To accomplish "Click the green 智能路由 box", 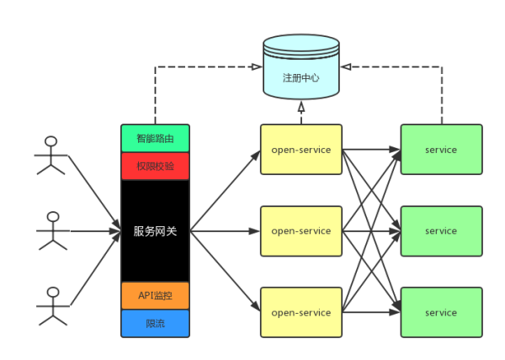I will (155, 138).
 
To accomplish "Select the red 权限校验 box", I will (155, 166).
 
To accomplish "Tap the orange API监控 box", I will (155, 295).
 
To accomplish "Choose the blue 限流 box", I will (155, 323).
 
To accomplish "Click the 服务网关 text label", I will (155, 230).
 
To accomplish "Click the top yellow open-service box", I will (300, 150).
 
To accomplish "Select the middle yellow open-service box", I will (300, 230).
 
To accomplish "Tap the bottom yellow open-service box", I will (300, 312).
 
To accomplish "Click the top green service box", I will (441, 150).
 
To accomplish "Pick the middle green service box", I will (441, 230).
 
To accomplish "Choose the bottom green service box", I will (441, 312).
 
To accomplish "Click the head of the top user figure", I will (51, 141).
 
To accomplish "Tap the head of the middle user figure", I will (53, 216).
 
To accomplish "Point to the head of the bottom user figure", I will (53, 292).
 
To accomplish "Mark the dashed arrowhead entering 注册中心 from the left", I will (258, 66).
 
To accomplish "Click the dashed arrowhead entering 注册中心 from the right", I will (346, 66).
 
